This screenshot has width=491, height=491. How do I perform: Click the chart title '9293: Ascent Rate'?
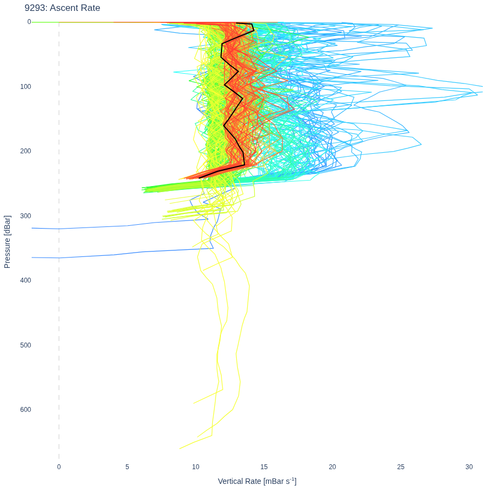coord(62,8)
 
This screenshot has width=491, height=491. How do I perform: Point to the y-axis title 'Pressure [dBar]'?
coord(7,242)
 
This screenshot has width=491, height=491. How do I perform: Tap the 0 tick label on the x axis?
coord(59,467)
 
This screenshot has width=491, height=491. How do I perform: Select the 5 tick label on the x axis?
coord(127,467)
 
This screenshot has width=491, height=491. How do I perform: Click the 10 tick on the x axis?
coord(195,467)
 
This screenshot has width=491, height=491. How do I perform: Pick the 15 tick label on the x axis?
coord(264,467)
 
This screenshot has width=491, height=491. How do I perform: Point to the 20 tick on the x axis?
coord(332,467)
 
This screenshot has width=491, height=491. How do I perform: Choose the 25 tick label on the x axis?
coord(400,467)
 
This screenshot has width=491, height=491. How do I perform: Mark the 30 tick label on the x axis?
coord(469,467)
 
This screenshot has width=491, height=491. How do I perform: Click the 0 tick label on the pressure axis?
coord(29,22)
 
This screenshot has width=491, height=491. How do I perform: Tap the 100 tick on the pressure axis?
coord(26,86)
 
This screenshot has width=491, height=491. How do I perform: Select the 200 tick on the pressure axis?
coord(26,151)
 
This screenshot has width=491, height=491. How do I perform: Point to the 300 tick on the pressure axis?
coord(26,215)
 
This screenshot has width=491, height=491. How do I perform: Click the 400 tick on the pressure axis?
coord(26,280)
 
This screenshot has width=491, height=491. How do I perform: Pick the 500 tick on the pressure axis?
coord(26,345)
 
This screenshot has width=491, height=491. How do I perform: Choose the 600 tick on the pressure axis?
coord(26,410)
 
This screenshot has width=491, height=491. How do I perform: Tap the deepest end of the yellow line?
coord(179,449)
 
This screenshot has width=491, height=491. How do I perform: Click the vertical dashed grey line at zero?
coord(59,241)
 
